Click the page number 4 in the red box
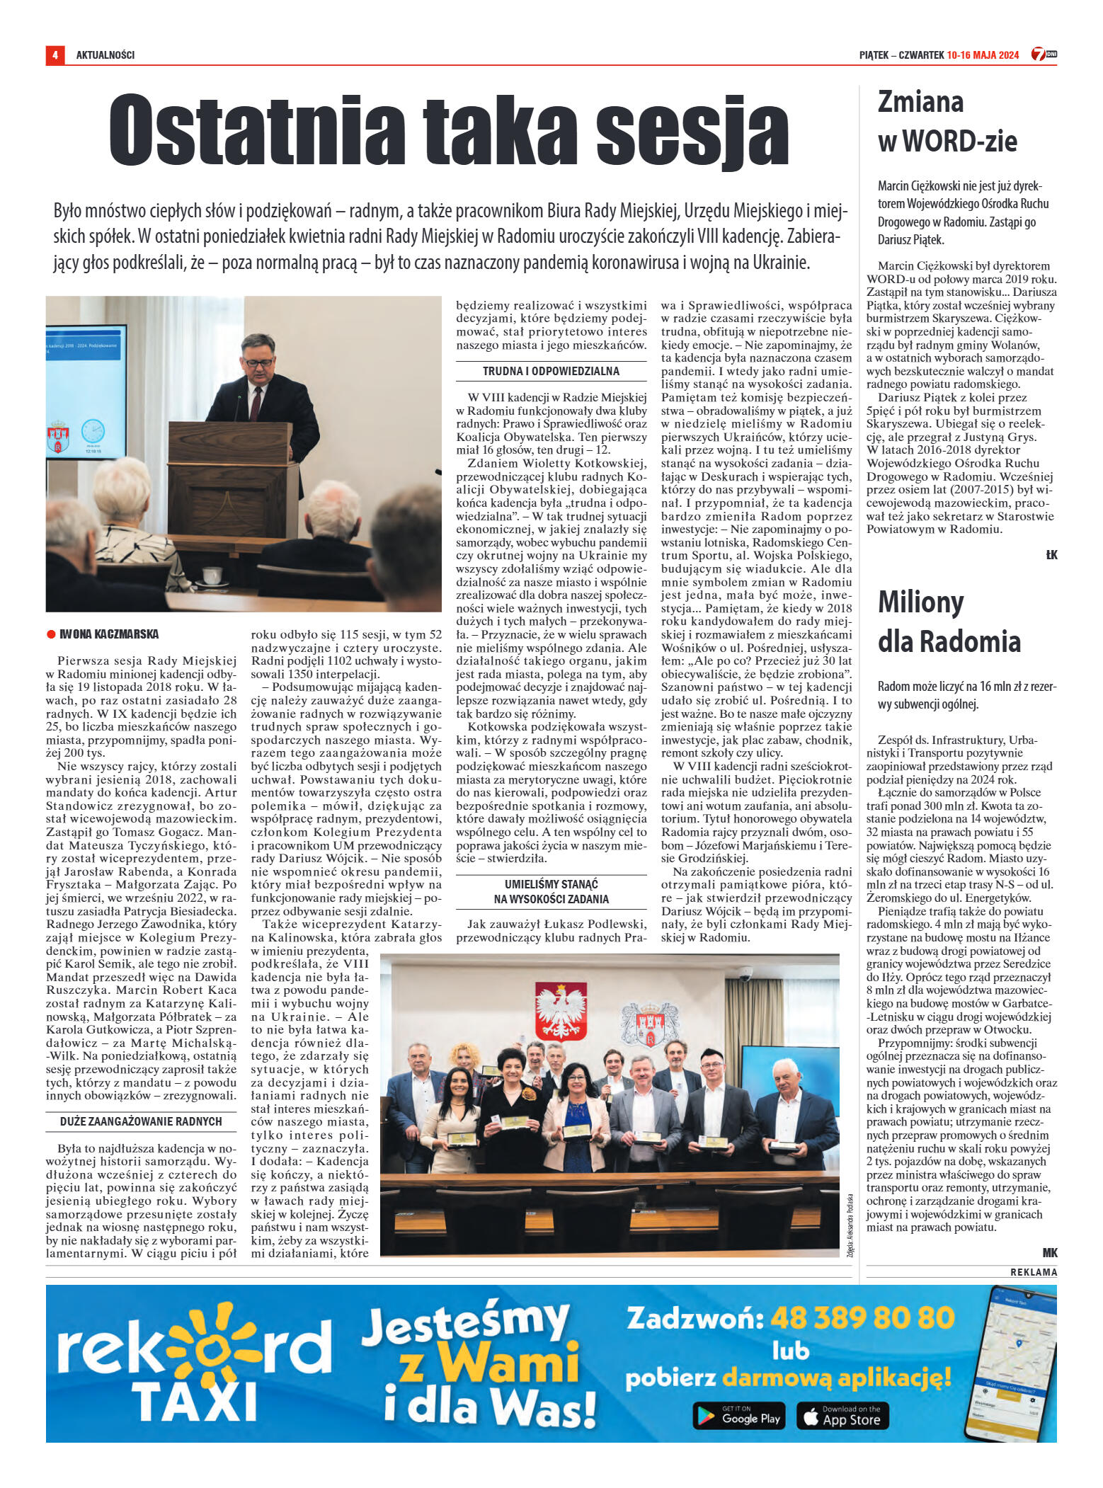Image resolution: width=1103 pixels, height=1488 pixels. click(x=55, y=55)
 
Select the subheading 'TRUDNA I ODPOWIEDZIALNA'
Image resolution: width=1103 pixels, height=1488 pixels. click(x=551, y=371)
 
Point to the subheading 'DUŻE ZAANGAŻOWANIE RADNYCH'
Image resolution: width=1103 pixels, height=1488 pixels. click(x=141, y=1121)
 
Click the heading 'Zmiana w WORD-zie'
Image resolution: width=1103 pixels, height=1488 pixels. click(x=947, y=122)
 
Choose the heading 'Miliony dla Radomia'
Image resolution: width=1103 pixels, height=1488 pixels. click(x=949, y=622)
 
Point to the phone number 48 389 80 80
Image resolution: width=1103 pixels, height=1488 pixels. click(x=862, y=1317)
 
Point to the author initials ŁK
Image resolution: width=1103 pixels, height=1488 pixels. click(x=1051, y=555)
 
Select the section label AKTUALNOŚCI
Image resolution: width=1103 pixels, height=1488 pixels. click(x=105, y=55)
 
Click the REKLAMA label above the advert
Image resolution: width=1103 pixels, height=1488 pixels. click(x=1033, y=1272)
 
